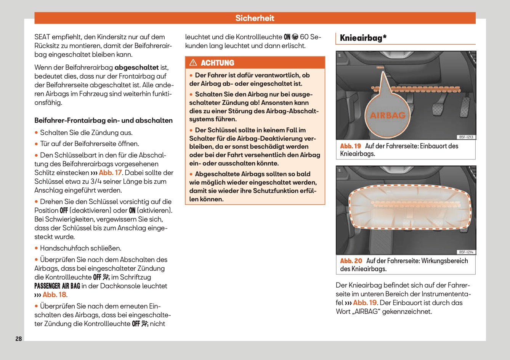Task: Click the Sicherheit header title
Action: point(255,18)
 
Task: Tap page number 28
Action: point(19,339)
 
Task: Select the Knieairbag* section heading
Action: point(363,38)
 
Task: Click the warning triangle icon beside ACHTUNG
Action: point(193,63)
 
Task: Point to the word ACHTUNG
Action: point(217,63)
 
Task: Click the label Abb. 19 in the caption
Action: point(350,146)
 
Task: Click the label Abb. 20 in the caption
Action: point(351,261)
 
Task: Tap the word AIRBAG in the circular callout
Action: point(388,115)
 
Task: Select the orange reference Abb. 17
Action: point(110,173)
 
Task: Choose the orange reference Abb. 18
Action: point(54,295)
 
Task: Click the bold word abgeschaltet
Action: point(136,67)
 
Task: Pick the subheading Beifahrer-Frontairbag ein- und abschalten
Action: point(103,121)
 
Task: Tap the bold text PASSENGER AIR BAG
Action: point(57,286)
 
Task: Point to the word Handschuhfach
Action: point(61,248)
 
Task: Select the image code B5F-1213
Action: point(466,137)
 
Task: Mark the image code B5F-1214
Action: point(466,252)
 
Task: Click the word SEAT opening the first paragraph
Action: point(42,37)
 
